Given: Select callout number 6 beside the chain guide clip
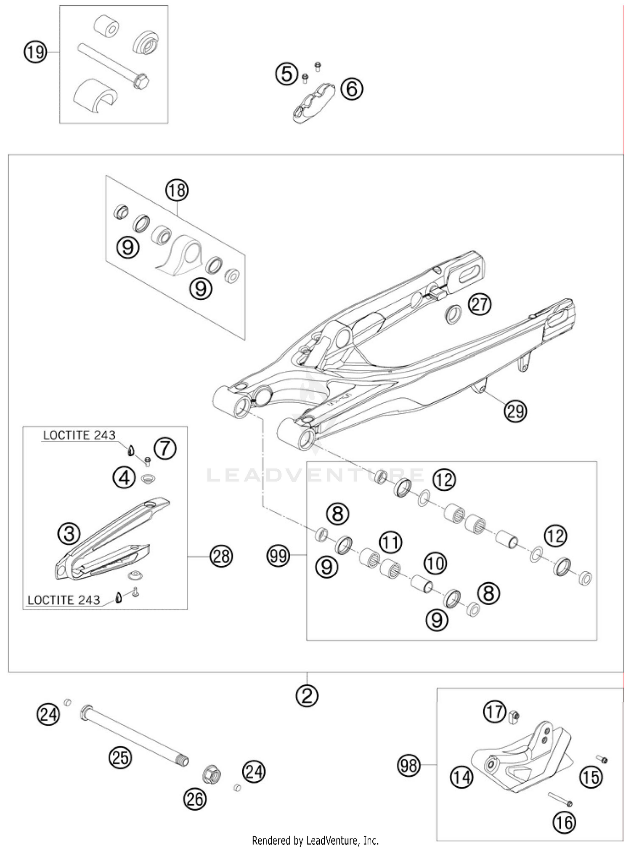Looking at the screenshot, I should [352, 89].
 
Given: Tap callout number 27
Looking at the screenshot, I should [480, 304].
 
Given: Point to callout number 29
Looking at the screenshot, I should [515, 410].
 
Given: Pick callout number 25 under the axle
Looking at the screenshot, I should [120, 757].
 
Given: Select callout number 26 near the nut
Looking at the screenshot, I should [195, 799].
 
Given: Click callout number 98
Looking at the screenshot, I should [409, 765].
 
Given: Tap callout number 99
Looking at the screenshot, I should [278, 556].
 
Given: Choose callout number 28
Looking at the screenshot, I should [221, 556].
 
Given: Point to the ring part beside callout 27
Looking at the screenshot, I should [453, 314].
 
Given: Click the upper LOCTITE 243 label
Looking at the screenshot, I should [79, 435].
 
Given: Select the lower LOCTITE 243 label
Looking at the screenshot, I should [64, 600].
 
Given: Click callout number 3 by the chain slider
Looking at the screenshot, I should [69, 534].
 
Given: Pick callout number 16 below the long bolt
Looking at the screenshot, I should [564, 822].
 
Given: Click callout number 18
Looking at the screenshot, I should [177, 190].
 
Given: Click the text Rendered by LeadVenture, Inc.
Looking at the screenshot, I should [315, 841].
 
